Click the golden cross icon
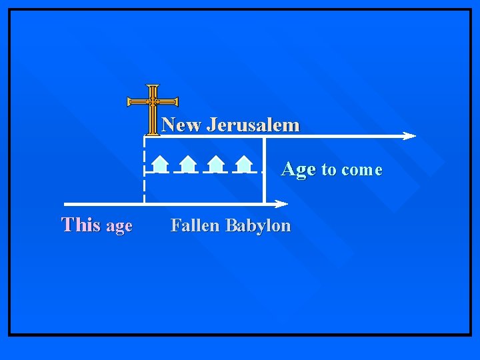tap(153, 107)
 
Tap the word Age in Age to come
tap(298, 169)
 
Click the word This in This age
tap(81, 225)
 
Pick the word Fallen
tap(195, 225)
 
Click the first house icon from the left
tap(159, 163)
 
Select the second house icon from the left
tap(188, 163)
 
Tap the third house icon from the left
tap(215, 163)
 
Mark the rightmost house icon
tap(244, 163)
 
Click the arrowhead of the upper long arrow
tap(409, 136)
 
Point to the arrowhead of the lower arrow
tap(282, 203)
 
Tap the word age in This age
tap(119, 227)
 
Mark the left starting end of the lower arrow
tap(65, 203)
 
